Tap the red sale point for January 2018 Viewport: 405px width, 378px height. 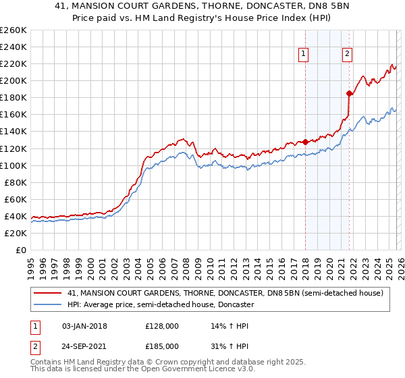tap(305, 142)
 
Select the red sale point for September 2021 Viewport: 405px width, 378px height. tap(349, 93)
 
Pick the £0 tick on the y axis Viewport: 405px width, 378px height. tap(21, 250)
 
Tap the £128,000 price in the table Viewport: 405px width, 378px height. tap(162, 326)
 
